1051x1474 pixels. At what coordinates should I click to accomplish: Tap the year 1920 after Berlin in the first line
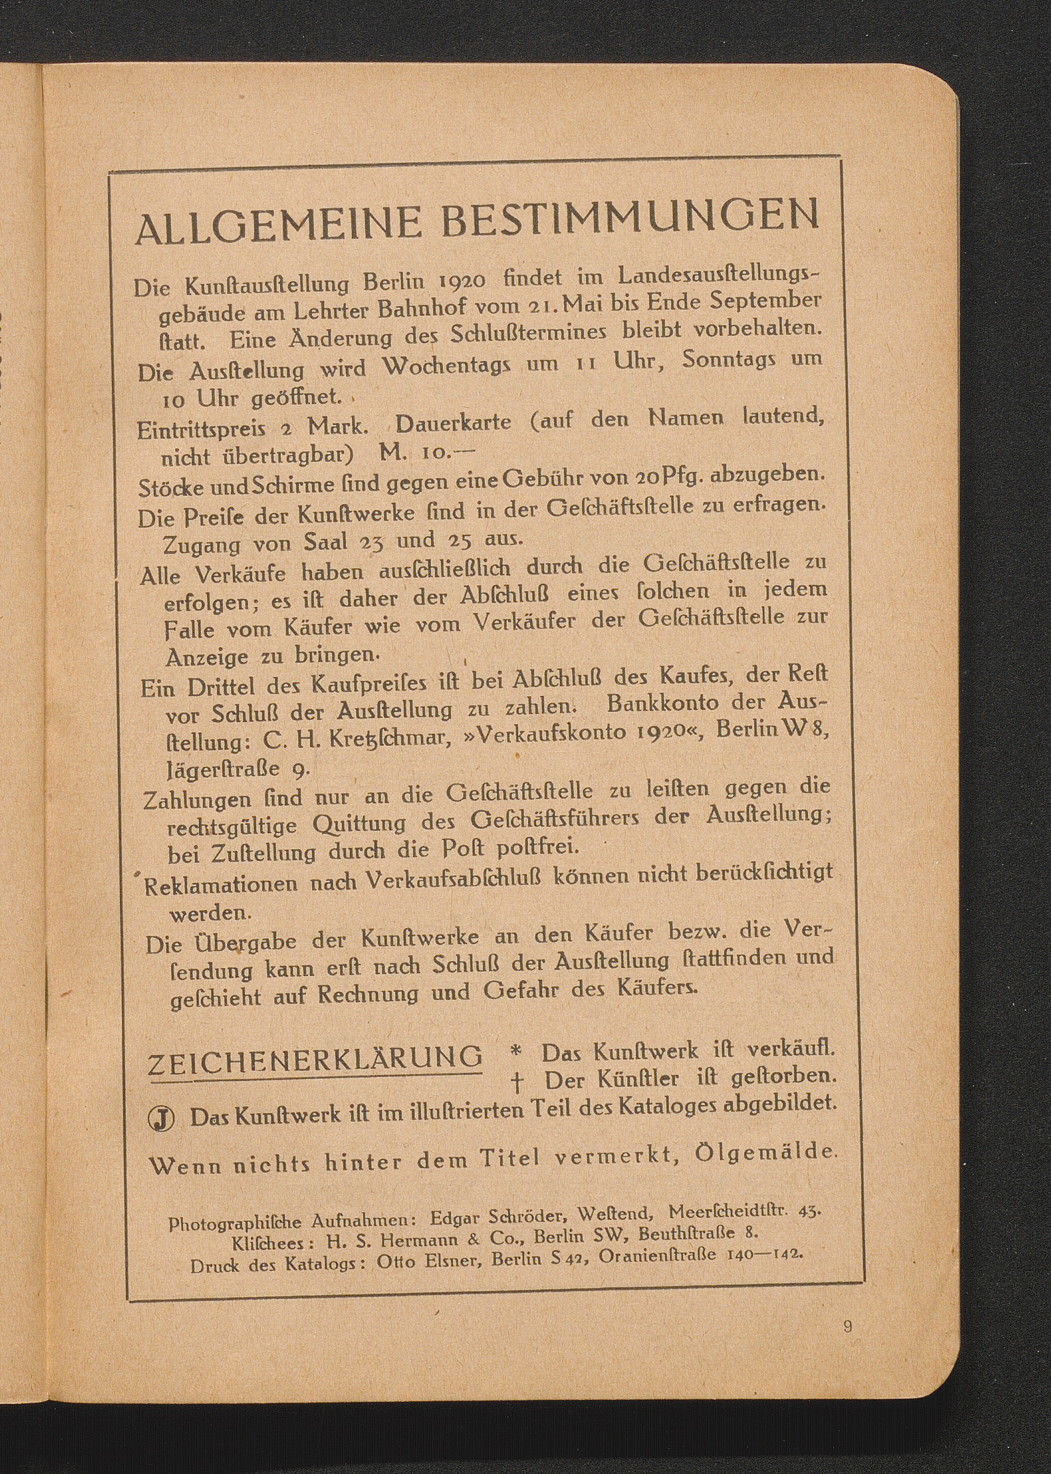click(x=462, y=280)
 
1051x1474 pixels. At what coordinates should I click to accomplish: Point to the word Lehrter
click(x=329, y=311)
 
